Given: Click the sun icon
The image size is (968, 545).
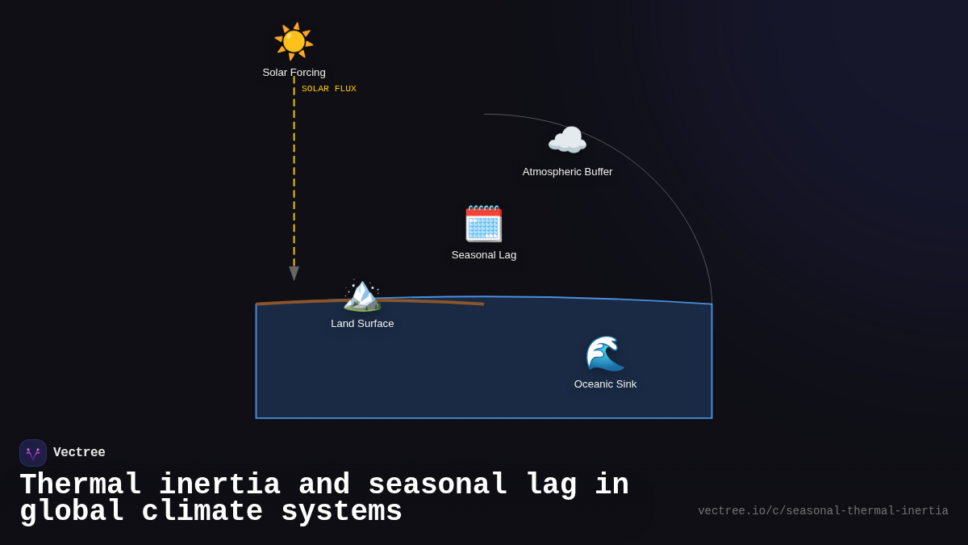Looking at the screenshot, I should (x=294, y=41).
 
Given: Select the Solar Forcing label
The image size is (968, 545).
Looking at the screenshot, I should (x=294, y=73).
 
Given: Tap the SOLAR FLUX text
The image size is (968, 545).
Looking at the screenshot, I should (x=329, y=89).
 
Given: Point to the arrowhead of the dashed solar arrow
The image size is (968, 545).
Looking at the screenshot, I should (x=294, y=274).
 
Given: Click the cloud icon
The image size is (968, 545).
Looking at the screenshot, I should (x=567, y=141).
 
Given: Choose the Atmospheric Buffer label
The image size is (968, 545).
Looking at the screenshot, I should (x=567, y=172).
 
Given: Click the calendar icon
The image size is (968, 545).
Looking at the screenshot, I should (x=483, y=224).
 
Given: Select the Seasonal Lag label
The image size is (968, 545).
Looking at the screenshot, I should (x=484, y=255).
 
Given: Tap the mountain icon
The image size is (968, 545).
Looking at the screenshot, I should (x=362, y=295).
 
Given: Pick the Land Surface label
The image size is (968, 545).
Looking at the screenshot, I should (x=362, y=324).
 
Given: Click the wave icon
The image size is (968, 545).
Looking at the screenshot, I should (x=605, y=354).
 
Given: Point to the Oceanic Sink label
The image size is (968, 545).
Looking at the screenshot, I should (x=605, y=384).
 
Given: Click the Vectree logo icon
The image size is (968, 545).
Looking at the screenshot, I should (x=33, y=453).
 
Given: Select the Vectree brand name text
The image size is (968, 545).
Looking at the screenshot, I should (x=79, y=453).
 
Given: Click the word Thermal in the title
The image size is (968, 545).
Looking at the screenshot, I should (x=80, y=485).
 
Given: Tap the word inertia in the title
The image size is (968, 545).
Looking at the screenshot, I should (x=219, y=485).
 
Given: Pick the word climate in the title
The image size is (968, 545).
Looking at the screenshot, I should (x=202, y=512).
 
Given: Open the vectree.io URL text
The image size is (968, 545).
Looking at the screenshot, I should (x=823, y=511).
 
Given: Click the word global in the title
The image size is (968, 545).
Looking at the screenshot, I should (x=71, y=512).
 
